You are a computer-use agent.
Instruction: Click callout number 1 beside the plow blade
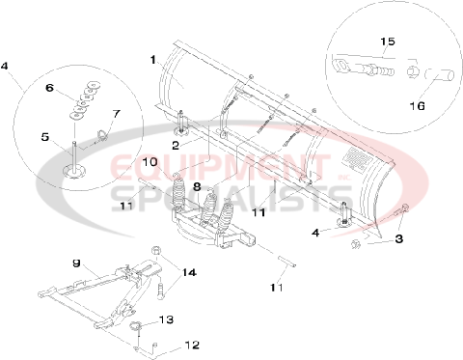click(x=151, y=60)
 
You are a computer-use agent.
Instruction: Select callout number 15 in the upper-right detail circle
click(x=388, y=42)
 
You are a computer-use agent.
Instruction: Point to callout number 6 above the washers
click(x=66, y=87)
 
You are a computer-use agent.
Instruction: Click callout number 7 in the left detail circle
click(x=115, y=114)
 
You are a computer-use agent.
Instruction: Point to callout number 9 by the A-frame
click(x=75, y=263)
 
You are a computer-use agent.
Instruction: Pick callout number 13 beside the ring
click(x=166, y=319)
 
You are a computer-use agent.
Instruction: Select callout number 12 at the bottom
click(x=191, y=345)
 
